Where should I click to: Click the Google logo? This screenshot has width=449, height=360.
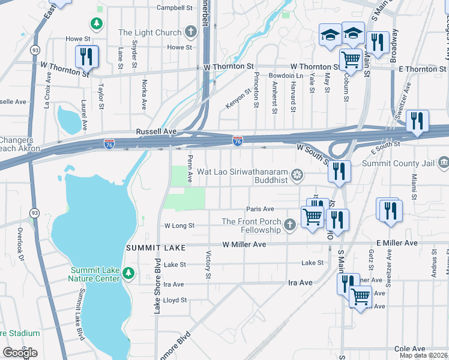pyautogui.click(x=20, y=353)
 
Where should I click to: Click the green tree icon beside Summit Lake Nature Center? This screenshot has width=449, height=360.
pyautogui.click(x=128, y=274)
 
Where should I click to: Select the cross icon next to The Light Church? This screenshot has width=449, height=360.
pyautogui.click(x=191, y=32)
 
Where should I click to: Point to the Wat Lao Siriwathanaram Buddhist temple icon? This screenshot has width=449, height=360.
pyautogui.click(x=296, y=175)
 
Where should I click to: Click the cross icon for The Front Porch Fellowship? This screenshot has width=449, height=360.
pyautogui.click(x=289, y=225)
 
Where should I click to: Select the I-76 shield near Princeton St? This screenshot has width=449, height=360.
pyautogui.click(x=238, y=141)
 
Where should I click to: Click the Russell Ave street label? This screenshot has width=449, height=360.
pyautogui.click(x=157, y=131)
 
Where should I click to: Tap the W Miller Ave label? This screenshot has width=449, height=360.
pyautogui.click(x=244, y=245)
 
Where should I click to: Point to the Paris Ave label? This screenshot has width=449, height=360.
pyautogui.click(x=260, y=209)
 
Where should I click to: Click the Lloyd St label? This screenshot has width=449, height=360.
pyautogui.click(x=175, y=300)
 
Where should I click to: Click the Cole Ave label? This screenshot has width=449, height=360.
pyautogui.click(x=409, y=349)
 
